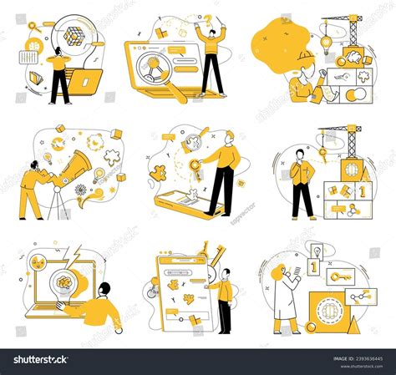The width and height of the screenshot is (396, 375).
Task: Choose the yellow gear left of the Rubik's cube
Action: pos(35,25)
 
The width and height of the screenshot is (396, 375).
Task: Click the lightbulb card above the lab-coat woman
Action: pos(317,251)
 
